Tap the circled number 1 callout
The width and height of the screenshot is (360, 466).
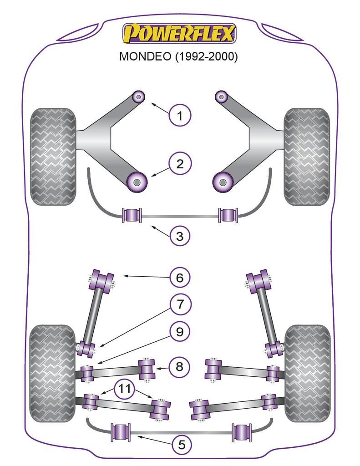(180, 116)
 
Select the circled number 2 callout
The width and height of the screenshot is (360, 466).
(180, 164)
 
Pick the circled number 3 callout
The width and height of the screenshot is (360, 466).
(180, 236)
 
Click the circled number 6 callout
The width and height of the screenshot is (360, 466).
(180, 277)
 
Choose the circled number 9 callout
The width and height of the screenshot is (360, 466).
(180, 332)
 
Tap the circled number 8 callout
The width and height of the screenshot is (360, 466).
(180, 366)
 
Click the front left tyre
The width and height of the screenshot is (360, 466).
(53, 156)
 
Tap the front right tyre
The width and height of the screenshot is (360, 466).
(306, 156)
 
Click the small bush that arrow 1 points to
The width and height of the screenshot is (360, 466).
(138, 96)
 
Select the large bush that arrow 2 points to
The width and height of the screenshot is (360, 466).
(136, 182)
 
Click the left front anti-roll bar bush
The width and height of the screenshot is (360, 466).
(132, 215)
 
